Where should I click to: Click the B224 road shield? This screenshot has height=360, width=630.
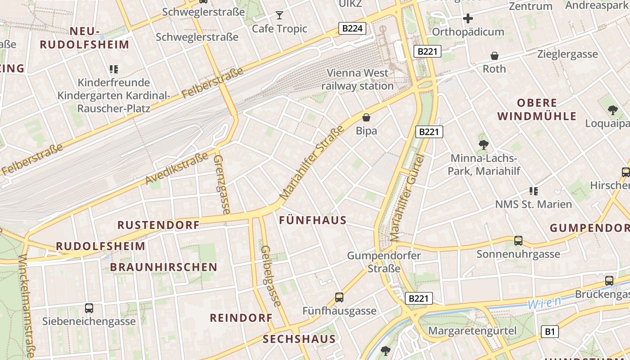352,29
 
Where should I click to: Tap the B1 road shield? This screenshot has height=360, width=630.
549,332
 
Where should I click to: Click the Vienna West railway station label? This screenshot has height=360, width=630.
357,79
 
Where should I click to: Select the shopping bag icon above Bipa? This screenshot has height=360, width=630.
366,117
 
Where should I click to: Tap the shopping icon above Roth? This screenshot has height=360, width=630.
494,56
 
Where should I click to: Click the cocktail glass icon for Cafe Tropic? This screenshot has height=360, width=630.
279,15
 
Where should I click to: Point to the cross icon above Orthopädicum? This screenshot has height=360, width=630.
468,18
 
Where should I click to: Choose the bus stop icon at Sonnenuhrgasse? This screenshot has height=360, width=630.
518,241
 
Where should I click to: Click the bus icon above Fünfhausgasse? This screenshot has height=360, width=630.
339,297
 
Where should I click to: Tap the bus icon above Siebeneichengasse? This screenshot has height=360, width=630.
89,308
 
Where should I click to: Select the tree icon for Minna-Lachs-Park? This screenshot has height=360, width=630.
484,145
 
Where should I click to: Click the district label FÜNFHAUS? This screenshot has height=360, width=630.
313,220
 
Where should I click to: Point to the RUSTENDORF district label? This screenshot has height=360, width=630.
158,225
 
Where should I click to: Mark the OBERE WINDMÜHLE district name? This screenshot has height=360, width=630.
536,109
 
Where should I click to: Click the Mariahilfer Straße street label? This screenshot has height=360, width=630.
311,163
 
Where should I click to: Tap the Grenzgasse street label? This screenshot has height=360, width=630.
222,184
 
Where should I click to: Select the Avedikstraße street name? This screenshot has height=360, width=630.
177,168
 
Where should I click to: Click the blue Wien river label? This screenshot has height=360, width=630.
544,303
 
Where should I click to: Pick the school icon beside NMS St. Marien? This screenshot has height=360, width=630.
534,191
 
